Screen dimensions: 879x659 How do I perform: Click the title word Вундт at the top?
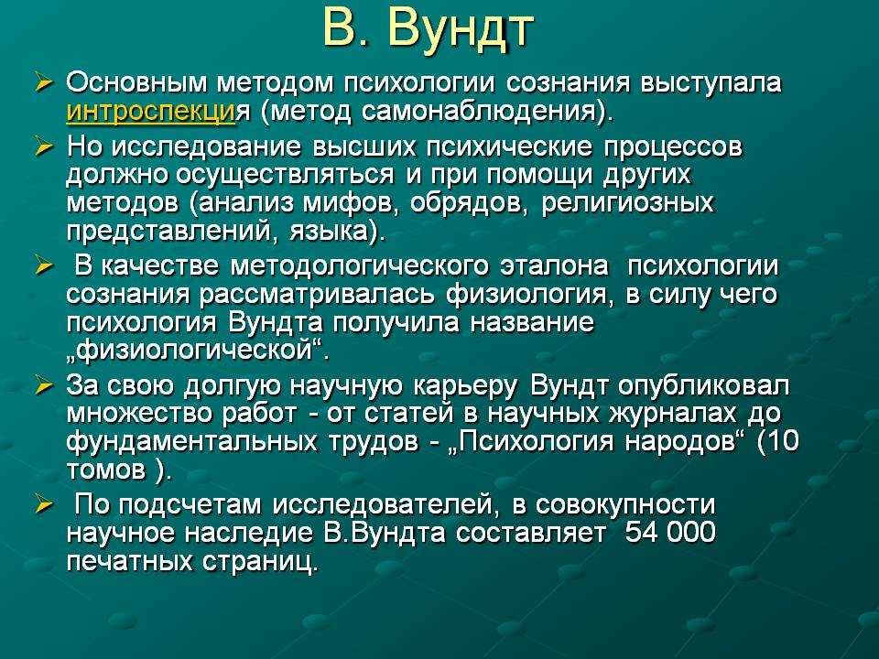460,28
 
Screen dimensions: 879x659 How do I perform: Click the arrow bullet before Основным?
43,83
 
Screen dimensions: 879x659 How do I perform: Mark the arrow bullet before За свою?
43,385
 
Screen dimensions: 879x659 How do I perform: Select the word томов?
106,470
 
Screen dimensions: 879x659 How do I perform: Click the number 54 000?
670,532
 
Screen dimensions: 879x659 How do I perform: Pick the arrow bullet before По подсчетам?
43,505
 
